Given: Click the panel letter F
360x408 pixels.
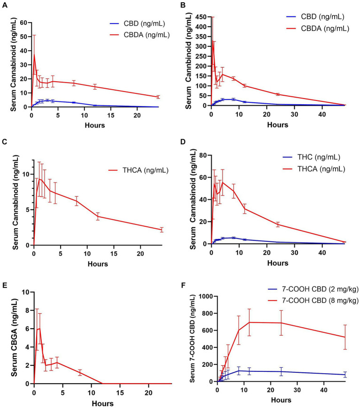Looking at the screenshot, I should pos(188,280).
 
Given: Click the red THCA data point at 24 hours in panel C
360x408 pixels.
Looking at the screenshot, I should pos(161,230).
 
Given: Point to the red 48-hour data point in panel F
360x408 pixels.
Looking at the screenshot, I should pos(345,337).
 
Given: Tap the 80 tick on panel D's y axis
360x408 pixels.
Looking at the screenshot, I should pos(205,155).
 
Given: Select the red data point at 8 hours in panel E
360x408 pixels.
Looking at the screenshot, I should pos(80,372).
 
